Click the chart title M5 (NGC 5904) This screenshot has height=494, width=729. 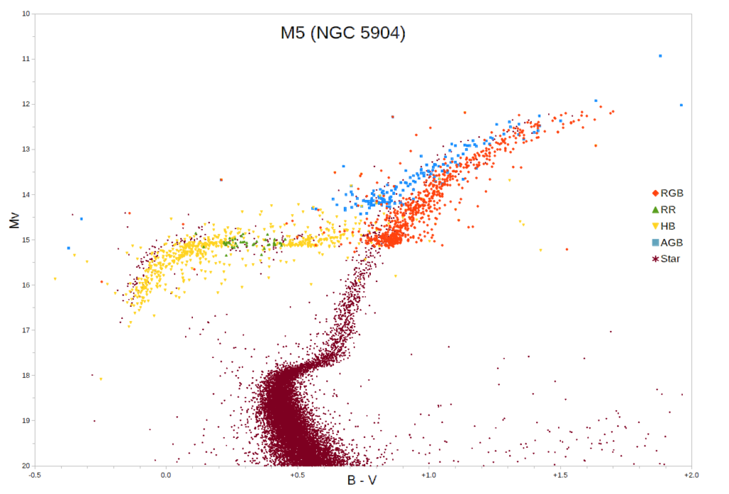point(342,33)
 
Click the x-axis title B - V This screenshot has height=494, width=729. point(362,480)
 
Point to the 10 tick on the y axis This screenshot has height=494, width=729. point(26,14)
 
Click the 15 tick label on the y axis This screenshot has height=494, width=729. point(26,240)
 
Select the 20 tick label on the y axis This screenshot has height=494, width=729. point(26,466)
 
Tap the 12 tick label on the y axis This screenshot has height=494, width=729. point(26,104)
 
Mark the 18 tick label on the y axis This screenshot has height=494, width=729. point(26,375)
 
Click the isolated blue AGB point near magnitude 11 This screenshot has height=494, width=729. point(660,56)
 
